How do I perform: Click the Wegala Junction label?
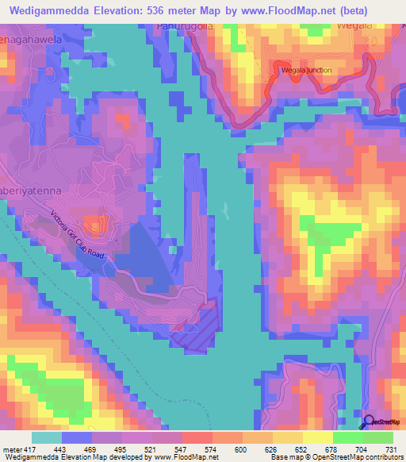[306, 70]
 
